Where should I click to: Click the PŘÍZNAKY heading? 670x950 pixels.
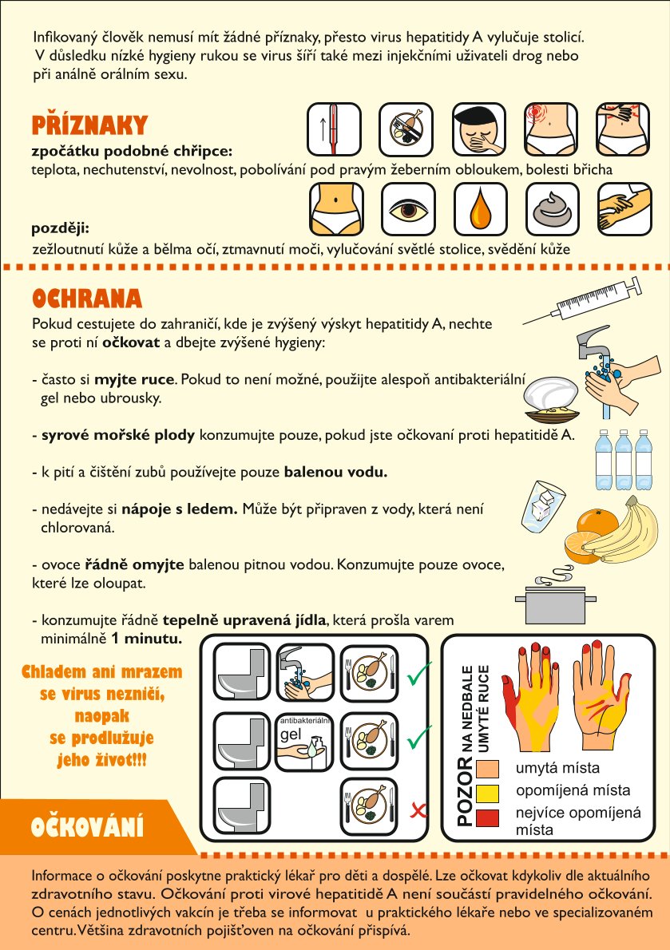89,125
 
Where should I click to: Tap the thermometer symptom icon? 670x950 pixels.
334,129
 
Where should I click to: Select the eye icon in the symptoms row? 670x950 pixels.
408,210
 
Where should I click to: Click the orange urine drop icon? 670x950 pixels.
481,210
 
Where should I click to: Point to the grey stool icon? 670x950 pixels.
553,210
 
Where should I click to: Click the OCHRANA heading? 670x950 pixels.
86,299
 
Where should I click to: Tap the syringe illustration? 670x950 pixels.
582,300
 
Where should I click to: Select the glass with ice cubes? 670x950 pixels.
542,506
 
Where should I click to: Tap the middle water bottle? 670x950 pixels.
624,460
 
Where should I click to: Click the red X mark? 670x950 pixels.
418,810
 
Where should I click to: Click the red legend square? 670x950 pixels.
488,818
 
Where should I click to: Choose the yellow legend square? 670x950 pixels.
488,793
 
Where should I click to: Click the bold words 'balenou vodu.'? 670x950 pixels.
335,472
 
